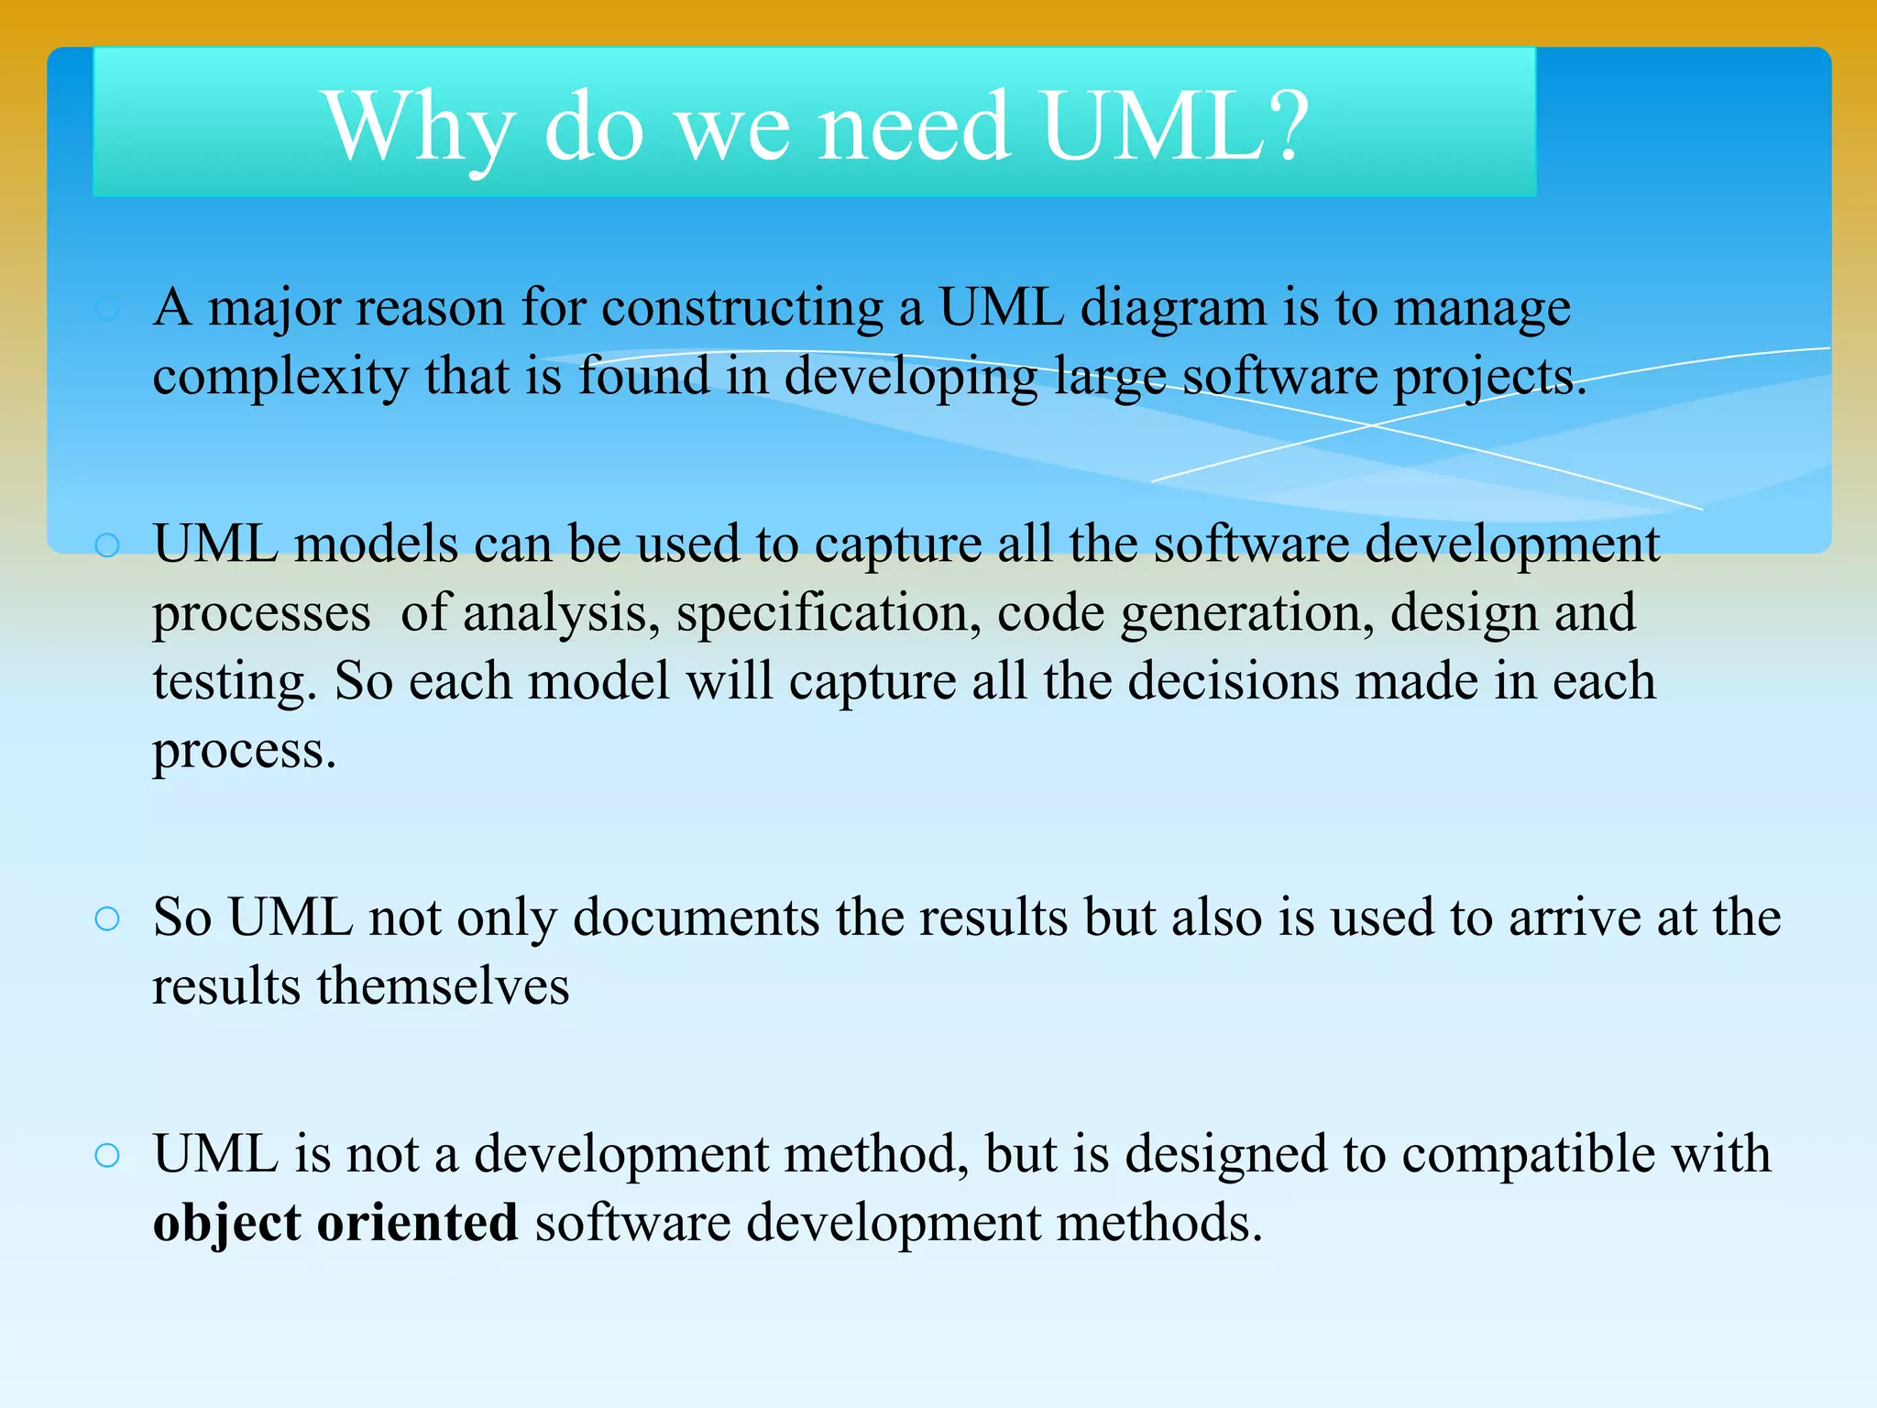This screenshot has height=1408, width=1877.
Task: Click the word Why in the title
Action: pyautogui.click(x=418, y=128)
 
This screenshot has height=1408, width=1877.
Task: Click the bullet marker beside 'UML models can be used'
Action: pyautogui.click(x=107, y=545)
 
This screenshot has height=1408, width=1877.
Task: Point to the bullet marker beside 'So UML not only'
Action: pyautogui.click(x=107, y=918)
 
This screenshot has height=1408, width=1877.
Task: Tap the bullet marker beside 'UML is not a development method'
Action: pyautogui.click(x=107, y=1155)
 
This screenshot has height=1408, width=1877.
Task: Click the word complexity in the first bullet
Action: pyautogui.click(x=280, y=378)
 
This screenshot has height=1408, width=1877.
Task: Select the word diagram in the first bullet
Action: pyautogui.click(x=1174, y=308)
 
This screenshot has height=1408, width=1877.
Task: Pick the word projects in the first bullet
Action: pyautogui.click(x=1489, y=378)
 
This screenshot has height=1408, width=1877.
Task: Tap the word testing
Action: pyautogui.click(x=235, y=683)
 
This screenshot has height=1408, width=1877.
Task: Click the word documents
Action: pyautogui.click(x=697, y=918)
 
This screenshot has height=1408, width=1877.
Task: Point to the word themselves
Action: pyautogui.click(x=443, y=987)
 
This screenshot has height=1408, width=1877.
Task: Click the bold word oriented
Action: pyautogui.click(x=418, y=1224)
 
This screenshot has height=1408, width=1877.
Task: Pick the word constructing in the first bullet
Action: pyautogui.click(x=742, y=308)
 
